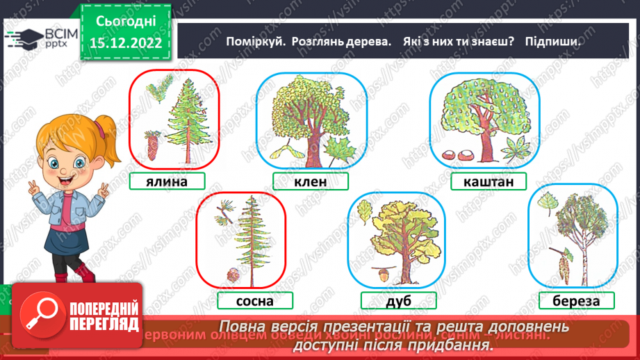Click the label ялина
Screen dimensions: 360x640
pyautogui.click(x=167, y=181)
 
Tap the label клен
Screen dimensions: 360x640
pyautogui.click(x=309, y=181)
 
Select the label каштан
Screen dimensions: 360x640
pyautogui.click(x=489, y=182)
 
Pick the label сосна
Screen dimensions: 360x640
pyautogui.click(x=255, y=301)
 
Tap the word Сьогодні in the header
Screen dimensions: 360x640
pyautogui.click(x=126, y=22)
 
